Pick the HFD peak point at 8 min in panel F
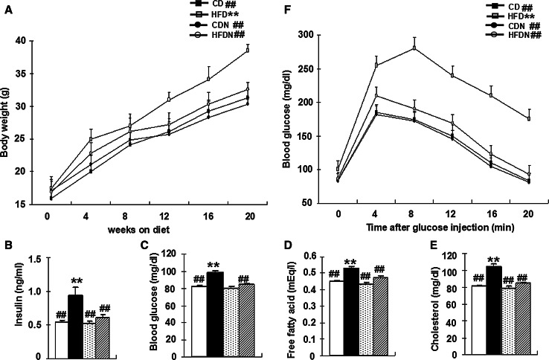coord(414,48)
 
